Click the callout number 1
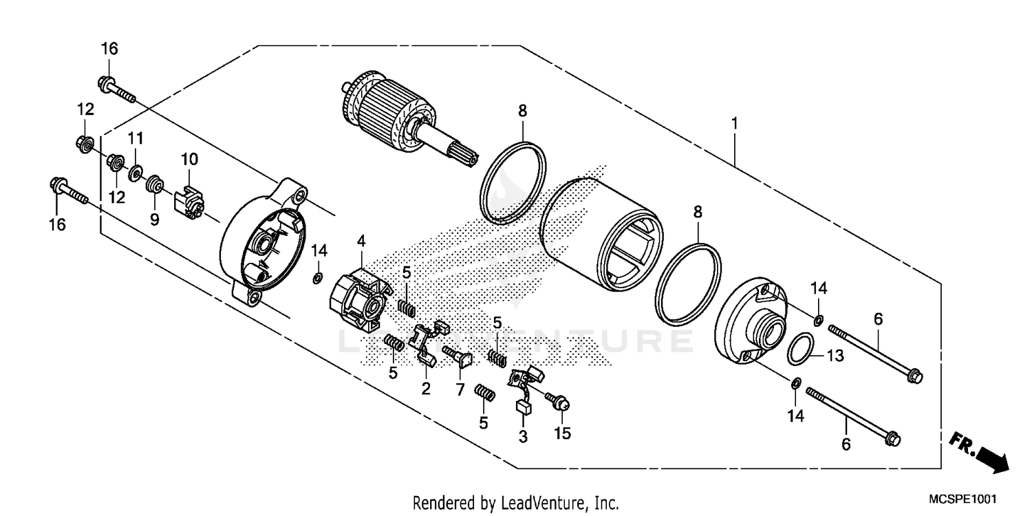pyautogui.click(x=735, y=124)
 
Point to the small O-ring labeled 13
pyautogui.click(x=801, y=350)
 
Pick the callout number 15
pyautogui.click(x=563, y=433)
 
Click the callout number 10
pyautogui.click(x=190, y=160)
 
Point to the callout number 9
pyautogui.click(x=155, y=219)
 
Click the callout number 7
pyautogui.click(x=460, y=389)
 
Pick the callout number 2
pyautogui.click(x=426, y=389)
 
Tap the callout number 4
pyautogui.click(x=361, y=241)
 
